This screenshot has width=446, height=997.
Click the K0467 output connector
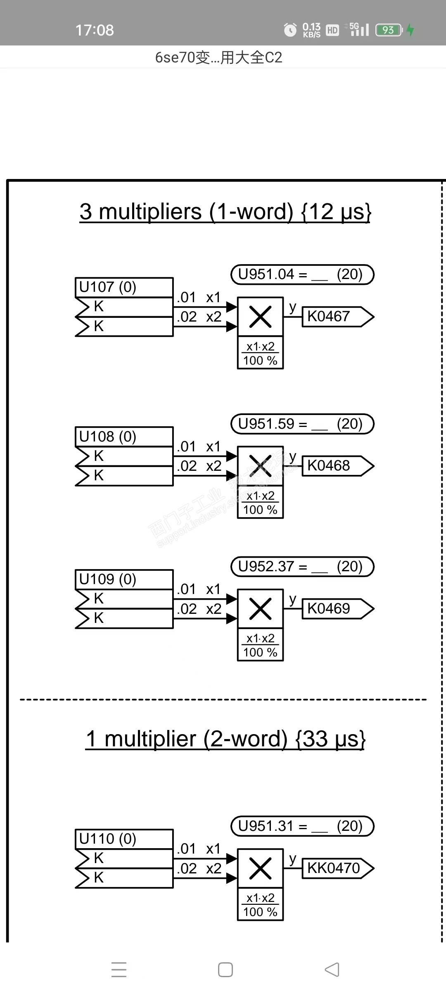coord(337,317)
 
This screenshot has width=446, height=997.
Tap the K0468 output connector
coord(337,466)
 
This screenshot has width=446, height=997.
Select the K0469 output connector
coord(337,609)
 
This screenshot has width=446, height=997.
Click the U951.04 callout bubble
coord(302,275)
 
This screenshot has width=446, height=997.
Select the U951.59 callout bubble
coord(302,424)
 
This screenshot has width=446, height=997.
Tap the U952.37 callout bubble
coord(302,567)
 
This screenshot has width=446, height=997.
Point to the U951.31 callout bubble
coord(302,826)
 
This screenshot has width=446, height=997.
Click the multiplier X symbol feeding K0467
coord(260,317)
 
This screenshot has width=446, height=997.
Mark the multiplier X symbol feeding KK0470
coord(260,868)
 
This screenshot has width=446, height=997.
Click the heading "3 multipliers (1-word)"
coord(225,212)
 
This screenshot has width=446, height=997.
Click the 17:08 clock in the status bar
coord(94,30)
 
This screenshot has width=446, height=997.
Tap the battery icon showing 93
coord(388,30)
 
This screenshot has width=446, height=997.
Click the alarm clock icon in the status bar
coord(290,30)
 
